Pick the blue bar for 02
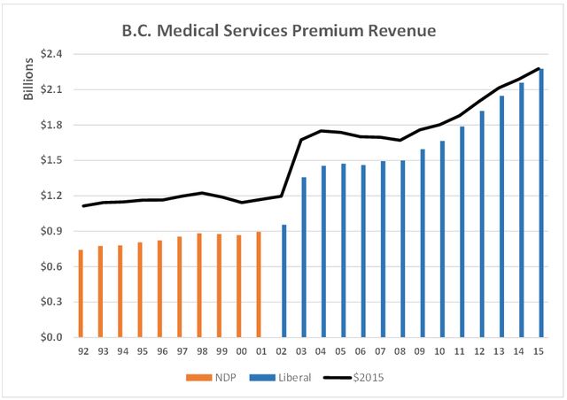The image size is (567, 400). [x=283, y=281]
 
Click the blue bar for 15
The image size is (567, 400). [x=541, y=203]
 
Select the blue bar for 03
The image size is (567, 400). [x=304, y=258]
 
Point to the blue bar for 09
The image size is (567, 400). [x=423, y=243]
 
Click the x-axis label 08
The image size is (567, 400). [x=402, y=350]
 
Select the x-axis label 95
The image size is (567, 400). [x=140, y=350]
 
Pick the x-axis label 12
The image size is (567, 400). [x=482, y=350]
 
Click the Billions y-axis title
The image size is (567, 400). [x=27, y=78]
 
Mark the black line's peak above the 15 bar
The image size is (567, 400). [x=541, y=68]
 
